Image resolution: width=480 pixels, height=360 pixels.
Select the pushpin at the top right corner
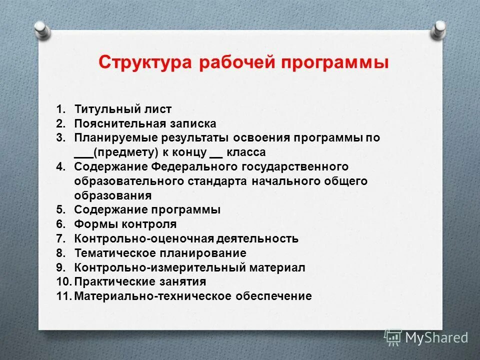tap(438, 28)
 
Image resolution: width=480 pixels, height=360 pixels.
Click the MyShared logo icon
tap(393, 337)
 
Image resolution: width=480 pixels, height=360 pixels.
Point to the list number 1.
tap(60, 109)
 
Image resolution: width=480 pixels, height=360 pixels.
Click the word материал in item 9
tap(280, 267)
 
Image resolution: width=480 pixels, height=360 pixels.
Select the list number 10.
tap(63, 281)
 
